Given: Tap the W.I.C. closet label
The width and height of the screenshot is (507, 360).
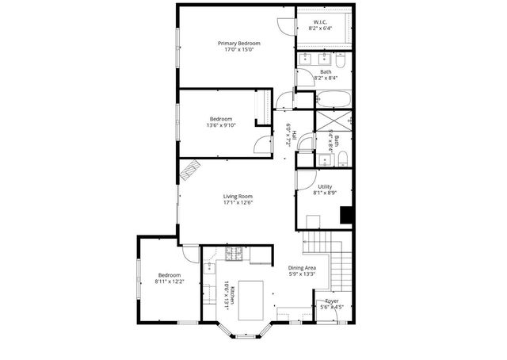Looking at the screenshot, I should pyautogui.click(x=320, y=21).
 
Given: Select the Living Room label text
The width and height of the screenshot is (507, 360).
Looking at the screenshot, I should pyautogui.click(x=237, y=196).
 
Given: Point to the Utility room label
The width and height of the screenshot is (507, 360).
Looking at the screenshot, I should pyautogui.click(x=326, y=187).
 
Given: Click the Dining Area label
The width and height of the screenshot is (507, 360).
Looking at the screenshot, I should pyautogui.click(x=303, y=268).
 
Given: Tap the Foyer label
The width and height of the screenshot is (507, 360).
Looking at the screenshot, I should pyautogui.click(x=331, y=301).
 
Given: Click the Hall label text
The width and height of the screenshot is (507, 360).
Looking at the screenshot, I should pyautogui.click(x=295, y=136).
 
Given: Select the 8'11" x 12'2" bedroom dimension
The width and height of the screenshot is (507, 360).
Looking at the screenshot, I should pyautogui.click(x=170, y=281).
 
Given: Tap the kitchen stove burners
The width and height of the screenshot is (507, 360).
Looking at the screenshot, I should pyautogui.click(x=234, y=254).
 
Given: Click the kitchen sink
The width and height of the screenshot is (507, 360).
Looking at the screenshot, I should pyautogui.click(x=208, y=268).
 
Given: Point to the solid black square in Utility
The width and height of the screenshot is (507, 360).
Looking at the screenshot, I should pyautogui.click(x=345, y=214).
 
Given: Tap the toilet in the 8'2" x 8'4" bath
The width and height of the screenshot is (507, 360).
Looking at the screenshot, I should pyautogui.click(x=339, y=62).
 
